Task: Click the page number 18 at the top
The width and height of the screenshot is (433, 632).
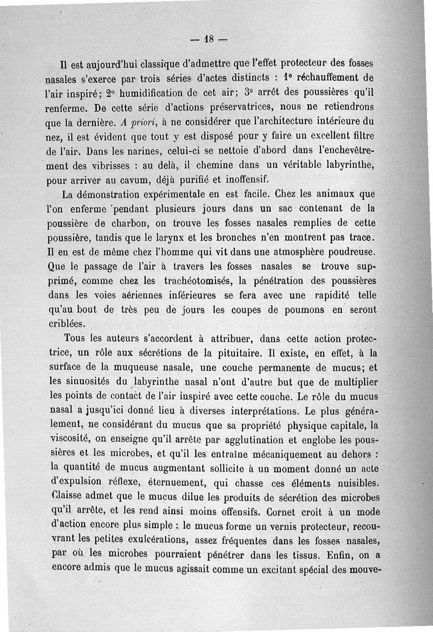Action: click(209, 39)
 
